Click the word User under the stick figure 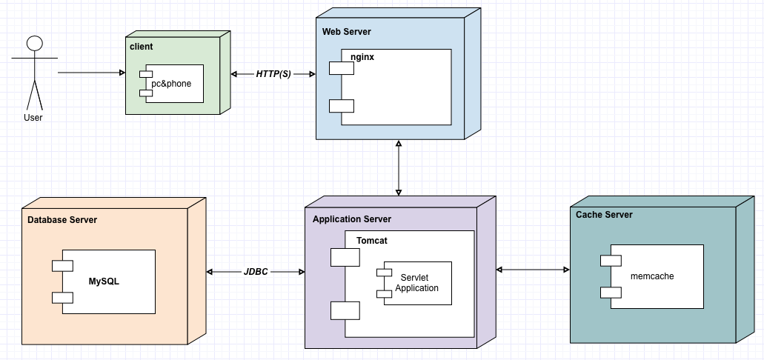click(x=33, y=117)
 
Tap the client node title click(x=141, y=47)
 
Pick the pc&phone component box click(x=173, y=84)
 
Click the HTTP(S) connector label click(x=274, y=74)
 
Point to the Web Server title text click(x=347, y=32)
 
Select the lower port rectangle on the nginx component click(x=342, y=106)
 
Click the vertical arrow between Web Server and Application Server click(x=399, y=167)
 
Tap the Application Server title click(x=352, y=219)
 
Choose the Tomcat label click(x=372, y=241)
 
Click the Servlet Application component click(x=416, y=282)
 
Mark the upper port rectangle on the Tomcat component click(x=345, y=257)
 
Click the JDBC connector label click(x=256, y=272)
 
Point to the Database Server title click(x=62, y=220)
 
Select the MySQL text click(x=104, y=281)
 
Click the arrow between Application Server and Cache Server click(x=534, y=270)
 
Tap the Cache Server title click(x=604, y=215)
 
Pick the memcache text click(x=652, y=276)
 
